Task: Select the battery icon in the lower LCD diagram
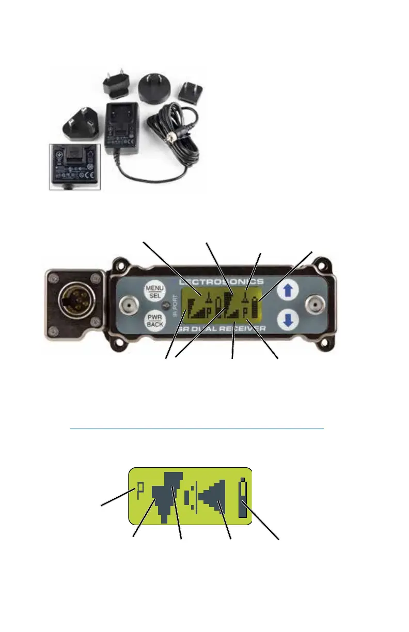click(243, 499)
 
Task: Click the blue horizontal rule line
click(196, 428)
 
